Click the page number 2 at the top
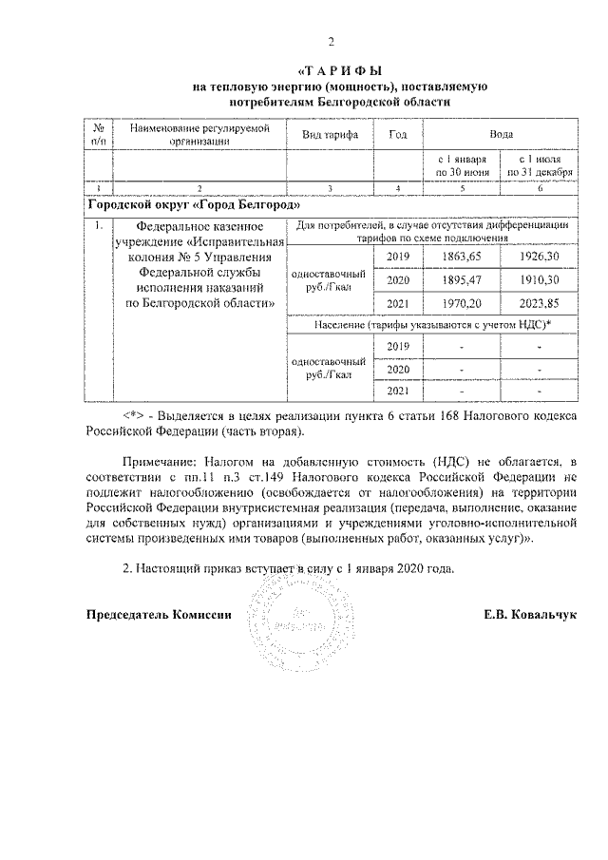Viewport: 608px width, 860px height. tap(332, 41)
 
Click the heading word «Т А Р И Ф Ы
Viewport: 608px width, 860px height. tap(339, 71)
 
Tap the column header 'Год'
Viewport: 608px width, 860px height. tap(399, 135)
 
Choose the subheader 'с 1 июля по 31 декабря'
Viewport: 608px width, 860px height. tap(540, 165)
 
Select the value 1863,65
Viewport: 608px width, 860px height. tap(462, 258)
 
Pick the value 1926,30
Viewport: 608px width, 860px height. tap(540, 258)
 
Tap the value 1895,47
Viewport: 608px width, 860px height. tap(462, 280)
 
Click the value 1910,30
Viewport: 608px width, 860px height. tap(540, 280)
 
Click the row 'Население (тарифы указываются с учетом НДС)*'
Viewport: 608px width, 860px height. tap(432, 325)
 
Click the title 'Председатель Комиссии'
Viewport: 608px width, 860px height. tap(159, 614)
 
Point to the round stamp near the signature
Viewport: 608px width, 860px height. tap(284, 618)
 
